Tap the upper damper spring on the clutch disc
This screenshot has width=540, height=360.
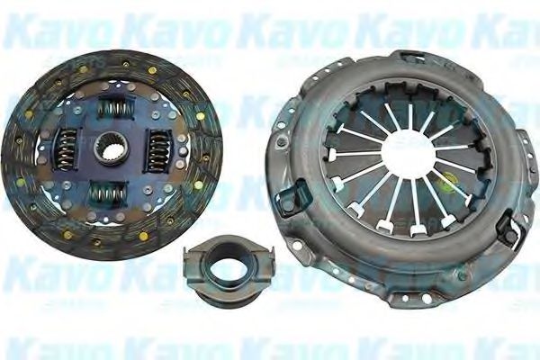pos(114,109)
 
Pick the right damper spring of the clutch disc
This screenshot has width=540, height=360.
pos(157,147)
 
